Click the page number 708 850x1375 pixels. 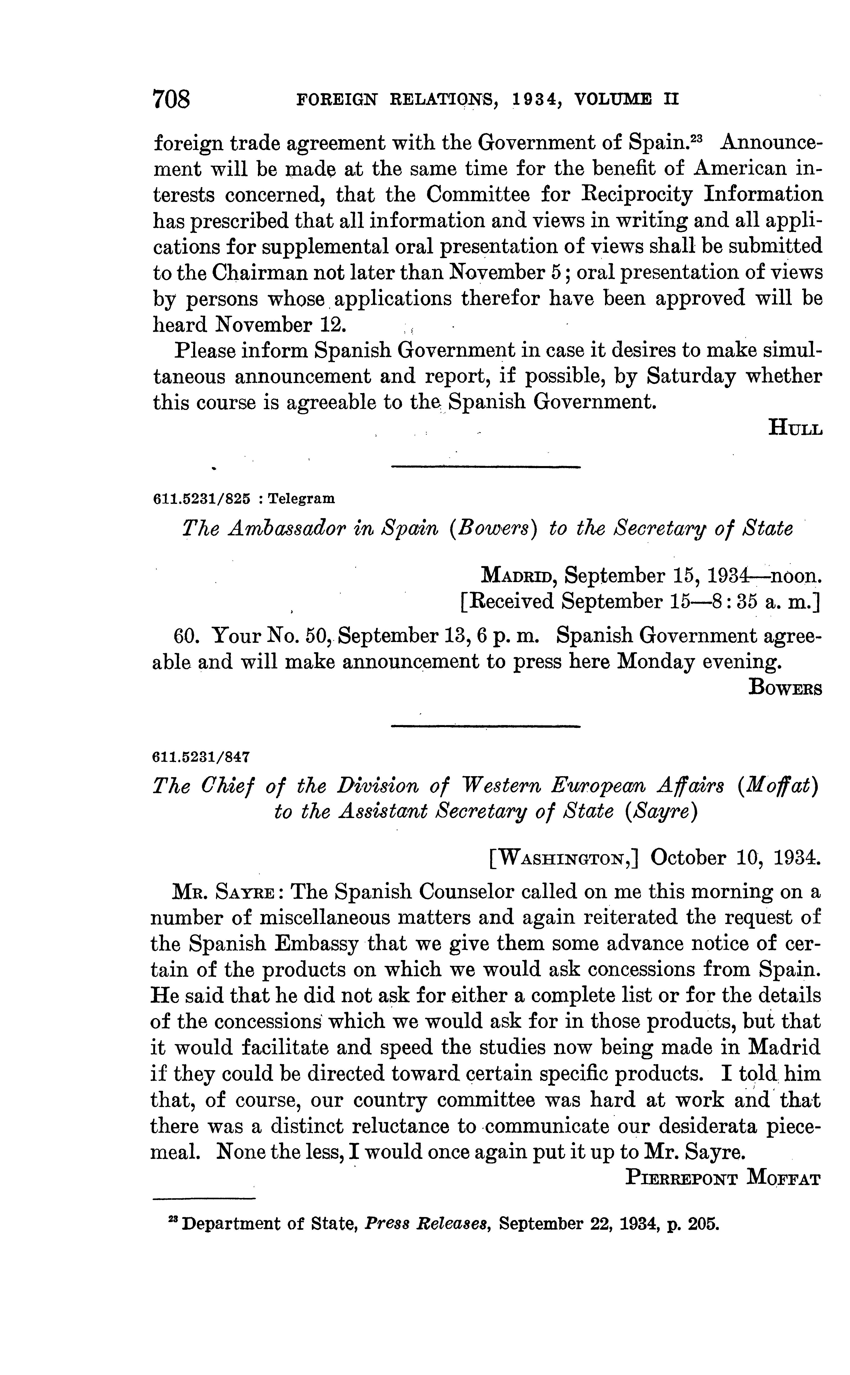(x=172, y=100)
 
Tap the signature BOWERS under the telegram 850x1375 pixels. (x=785, y=688)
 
